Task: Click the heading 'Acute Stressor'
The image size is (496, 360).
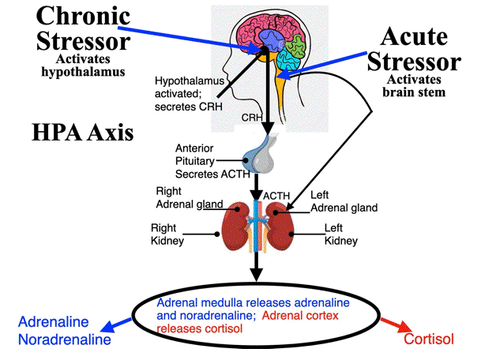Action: point(419,49)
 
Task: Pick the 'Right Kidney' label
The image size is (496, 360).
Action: point(169,234)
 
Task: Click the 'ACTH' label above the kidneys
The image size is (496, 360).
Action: point(273,194)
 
